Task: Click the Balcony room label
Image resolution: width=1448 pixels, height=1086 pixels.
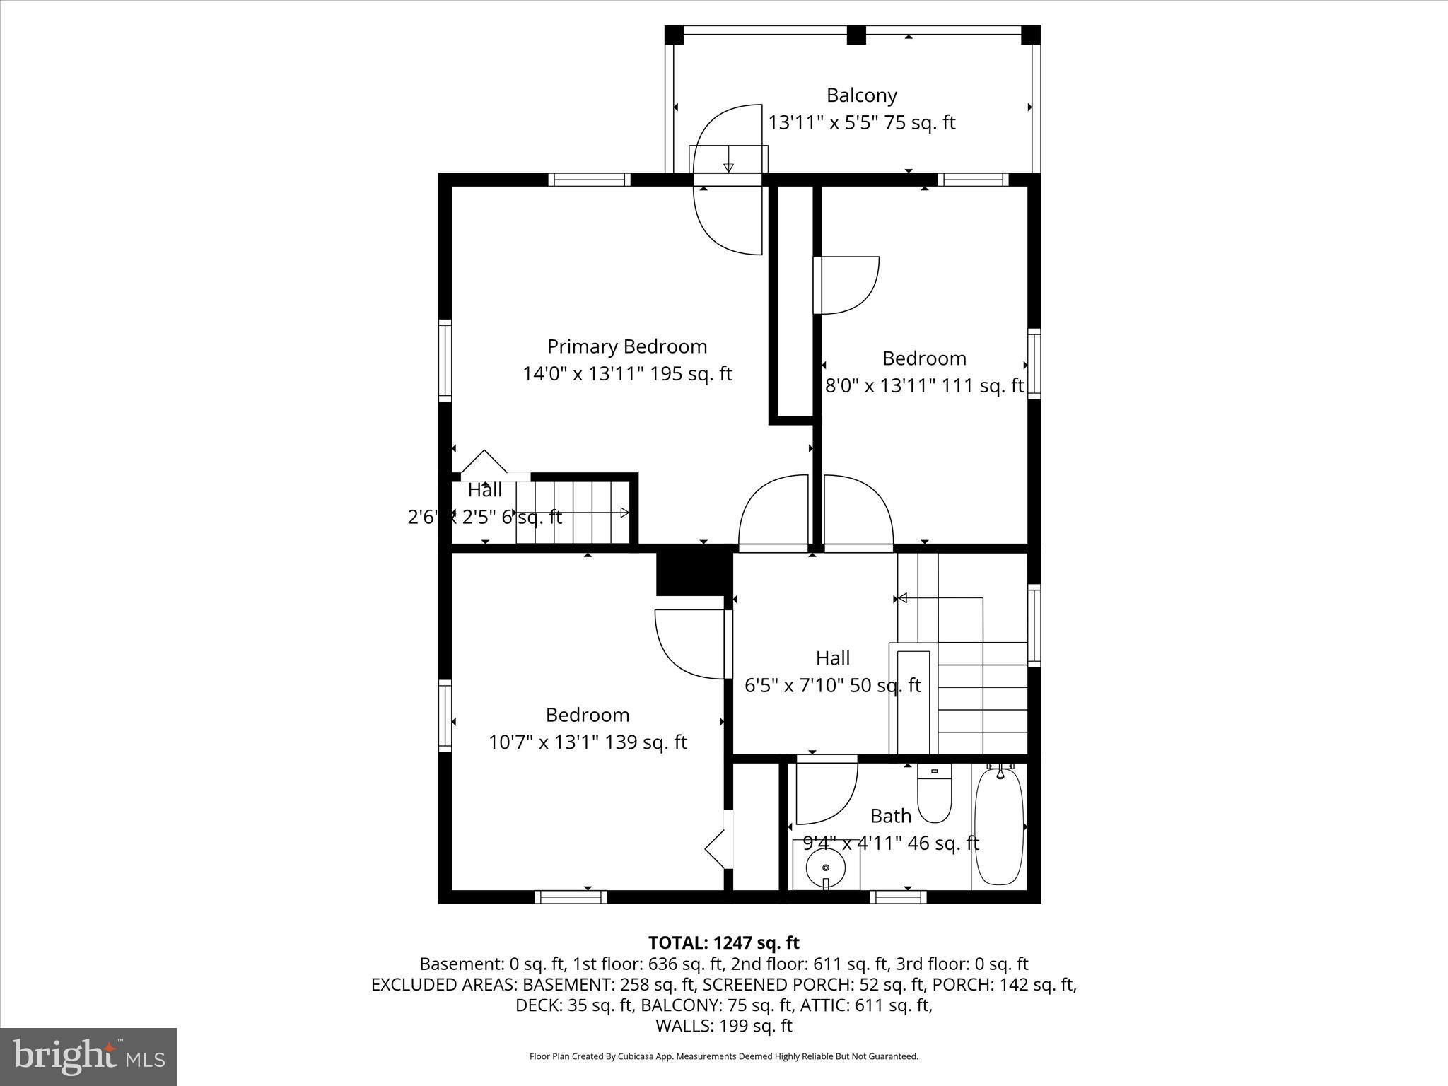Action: click(x=861, y=95)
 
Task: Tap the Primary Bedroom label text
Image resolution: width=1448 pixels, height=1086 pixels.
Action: click(x=626, y=346)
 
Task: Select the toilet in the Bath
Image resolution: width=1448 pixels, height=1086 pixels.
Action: click(x=934, y=796)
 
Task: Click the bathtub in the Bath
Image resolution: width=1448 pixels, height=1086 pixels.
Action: click(x=998, y=827)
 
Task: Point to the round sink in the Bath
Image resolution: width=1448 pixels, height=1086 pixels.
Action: click(x=825, y=867)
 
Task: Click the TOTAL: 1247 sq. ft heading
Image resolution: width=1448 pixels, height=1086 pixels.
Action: click(x=723, y=942)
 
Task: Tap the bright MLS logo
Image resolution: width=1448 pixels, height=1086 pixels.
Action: click(x=88, y=1056)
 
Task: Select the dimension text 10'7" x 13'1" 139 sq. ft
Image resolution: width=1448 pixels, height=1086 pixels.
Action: click(x=588, y=742)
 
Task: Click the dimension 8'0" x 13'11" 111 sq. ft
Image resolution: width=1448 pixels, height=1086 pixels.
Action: click(x=924, y=386)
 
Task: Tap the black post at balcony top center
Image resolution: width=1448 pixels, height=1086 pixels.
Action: click(x=856, y=35)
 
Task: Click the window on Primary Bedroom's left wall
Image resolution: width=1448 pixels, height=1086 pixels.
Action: click(x=445, y=360)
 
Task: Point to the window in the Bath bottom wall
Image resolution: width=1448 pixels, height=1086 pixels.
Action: click(x=897, y=897)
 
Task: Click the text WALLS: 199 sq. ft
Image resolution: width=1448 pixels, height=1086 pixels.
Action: click(x=723, y=1026)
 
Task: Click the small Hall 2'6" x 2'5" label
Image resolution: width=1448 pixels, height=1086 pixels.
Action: click(x=485, y=503)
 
